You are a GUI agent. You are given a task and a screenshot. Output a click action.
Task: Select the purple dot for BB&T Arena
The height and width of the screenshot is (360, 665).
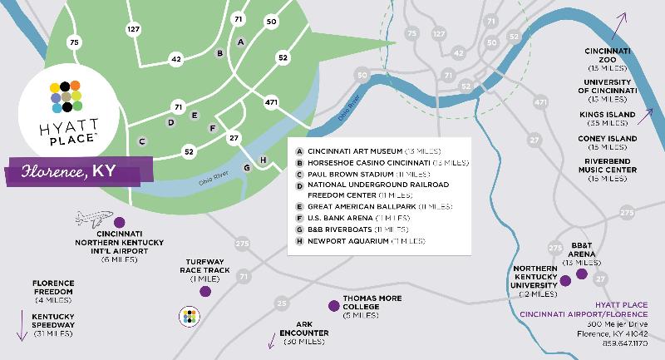coord(582,274)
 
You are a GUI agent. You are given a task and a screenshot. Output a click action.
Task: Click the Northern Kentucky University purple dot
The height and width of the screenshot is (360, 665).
coord(565,281)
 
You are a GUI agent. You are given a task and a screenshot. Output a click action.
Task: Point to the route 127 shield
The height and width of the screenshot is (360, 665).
coord(134,29)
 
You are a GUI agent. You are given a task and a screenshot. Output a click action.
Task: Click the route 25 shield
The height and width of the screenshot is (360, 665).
coord(283,303)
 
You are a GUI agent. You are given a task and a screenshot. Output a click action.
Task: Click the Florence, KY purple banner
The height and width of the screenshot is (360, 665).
coord(79,174)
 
